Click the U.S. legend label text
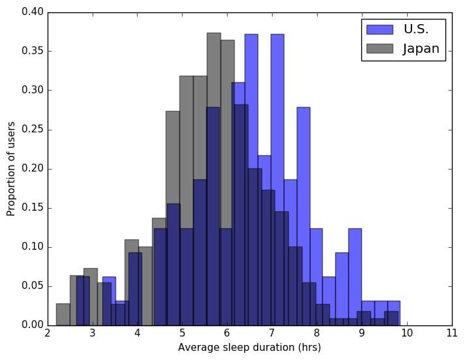415,29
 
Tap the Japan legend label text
421,48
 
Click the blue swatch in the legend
380,29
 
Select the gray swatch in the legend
380,48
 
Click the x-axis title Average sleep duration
249,348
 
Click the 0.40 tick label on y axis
33,12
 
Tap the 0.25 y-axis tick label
33,130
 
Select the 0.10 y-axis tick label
33,247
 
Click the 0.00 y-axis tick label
33,325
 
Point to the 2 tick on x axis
48,334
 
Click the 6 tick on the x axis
227,334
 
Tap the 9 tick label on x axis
362,334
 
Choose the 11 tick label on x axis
451,334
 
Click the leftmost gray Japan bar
63,314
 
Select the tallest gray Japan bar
213,179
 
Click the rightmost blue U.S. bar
393,313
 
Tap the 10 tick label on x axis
407,334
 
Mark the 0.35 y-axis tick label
33,52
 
